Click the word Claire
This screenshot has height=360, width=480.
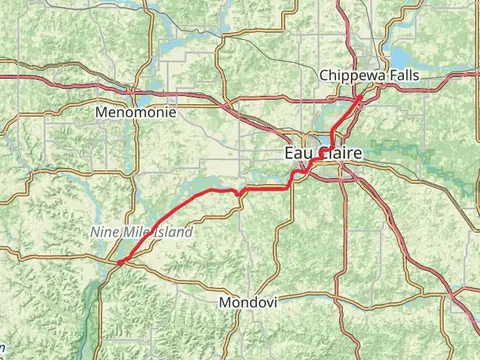(x=338, y=153)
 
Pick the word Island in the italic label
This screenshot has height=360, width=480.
(x=171, y=232)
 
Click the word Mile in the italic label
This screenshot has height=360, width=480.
(x=133, y=232)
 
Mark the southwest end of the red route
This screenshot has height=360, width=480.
(x=118, y=263)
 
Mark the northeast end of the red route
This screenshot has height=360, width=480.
(x=362, y=98)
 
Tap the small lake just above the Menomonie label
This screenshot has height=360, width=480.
(x=143, y=100)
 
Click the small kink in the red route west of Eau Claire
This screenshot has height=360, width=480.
(x=239, y=191)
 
